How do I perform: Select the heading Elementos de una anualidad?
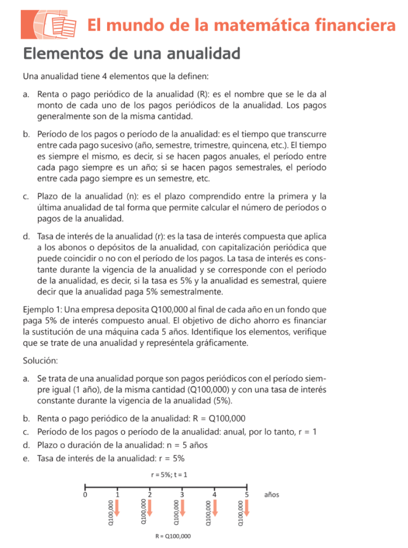(x=131, y=54)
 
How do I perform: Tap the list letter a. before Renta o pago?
(x=26, y=94)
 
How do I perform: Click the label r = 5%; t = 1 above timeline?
(x=166, y=474)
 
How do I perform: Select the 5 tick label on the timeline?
(x=247, y=495)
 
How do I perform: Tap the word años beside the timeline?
(x=272, y=494)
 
